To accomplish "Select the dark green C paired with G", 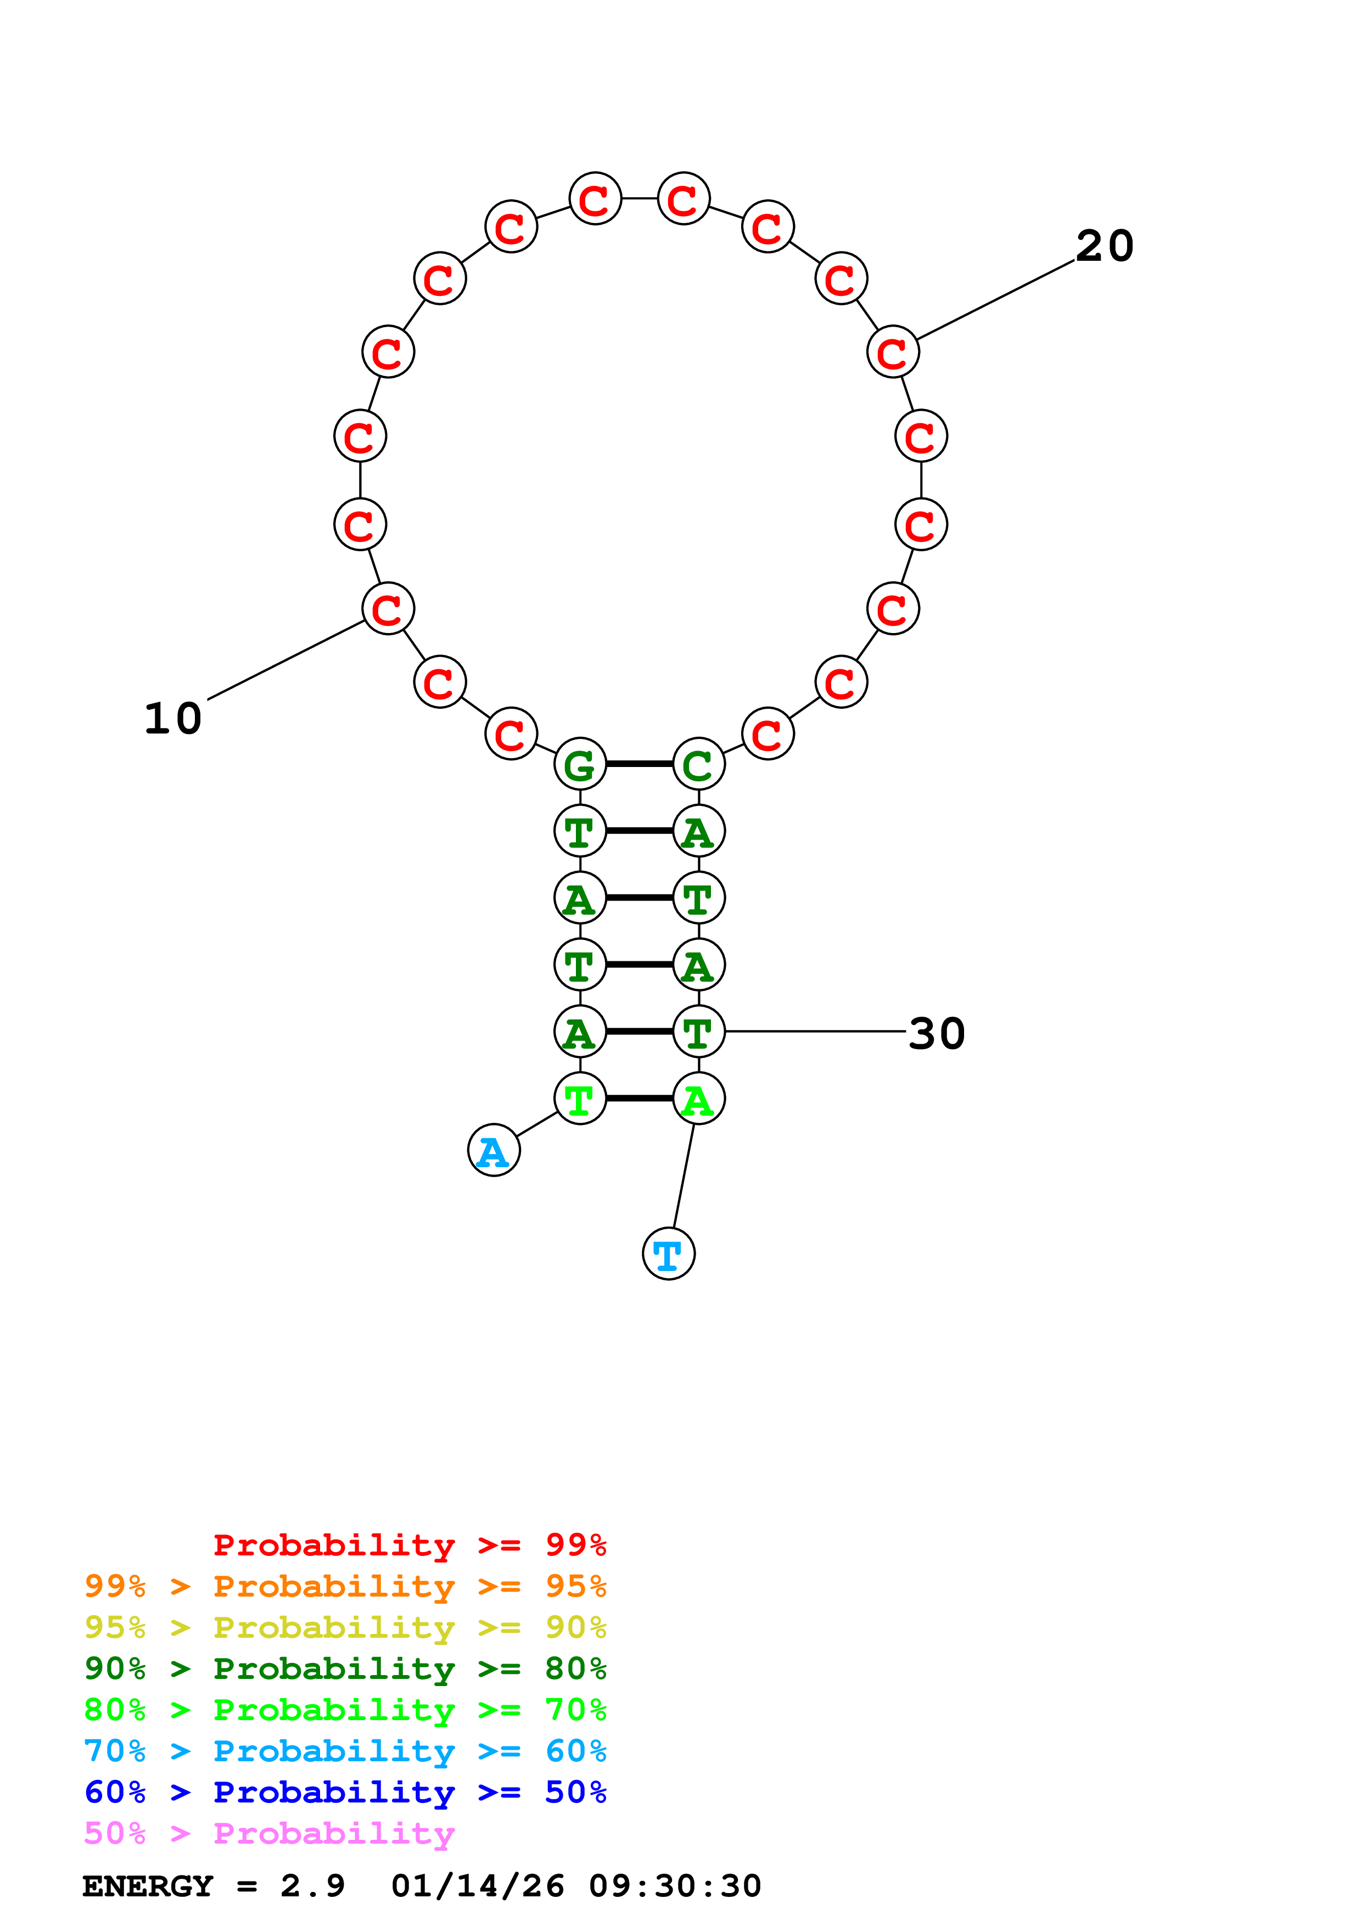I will (698, 764).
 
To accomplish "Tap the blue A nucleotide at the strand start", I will (494, 1150).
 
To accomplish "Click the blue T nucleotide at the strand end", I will (668, 1253).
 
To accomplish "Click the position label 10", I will (173, 719).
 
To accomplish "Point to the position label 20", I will (1105, 247).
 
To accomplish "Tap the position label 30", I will (937, 1033).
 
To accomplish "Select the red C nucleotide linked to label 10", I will (388, 609).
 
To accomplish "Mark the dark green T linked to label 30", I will (698, 1032).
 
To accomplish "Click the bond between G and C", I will (639, 764).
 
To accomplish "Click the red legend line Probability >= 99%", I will (409, 1545).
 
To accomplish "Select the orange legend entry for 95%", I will (345, 1586).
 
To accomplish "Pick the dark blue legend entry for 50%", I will (345, 1792).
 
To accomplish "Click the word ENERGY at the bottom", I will (148, 1886).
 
